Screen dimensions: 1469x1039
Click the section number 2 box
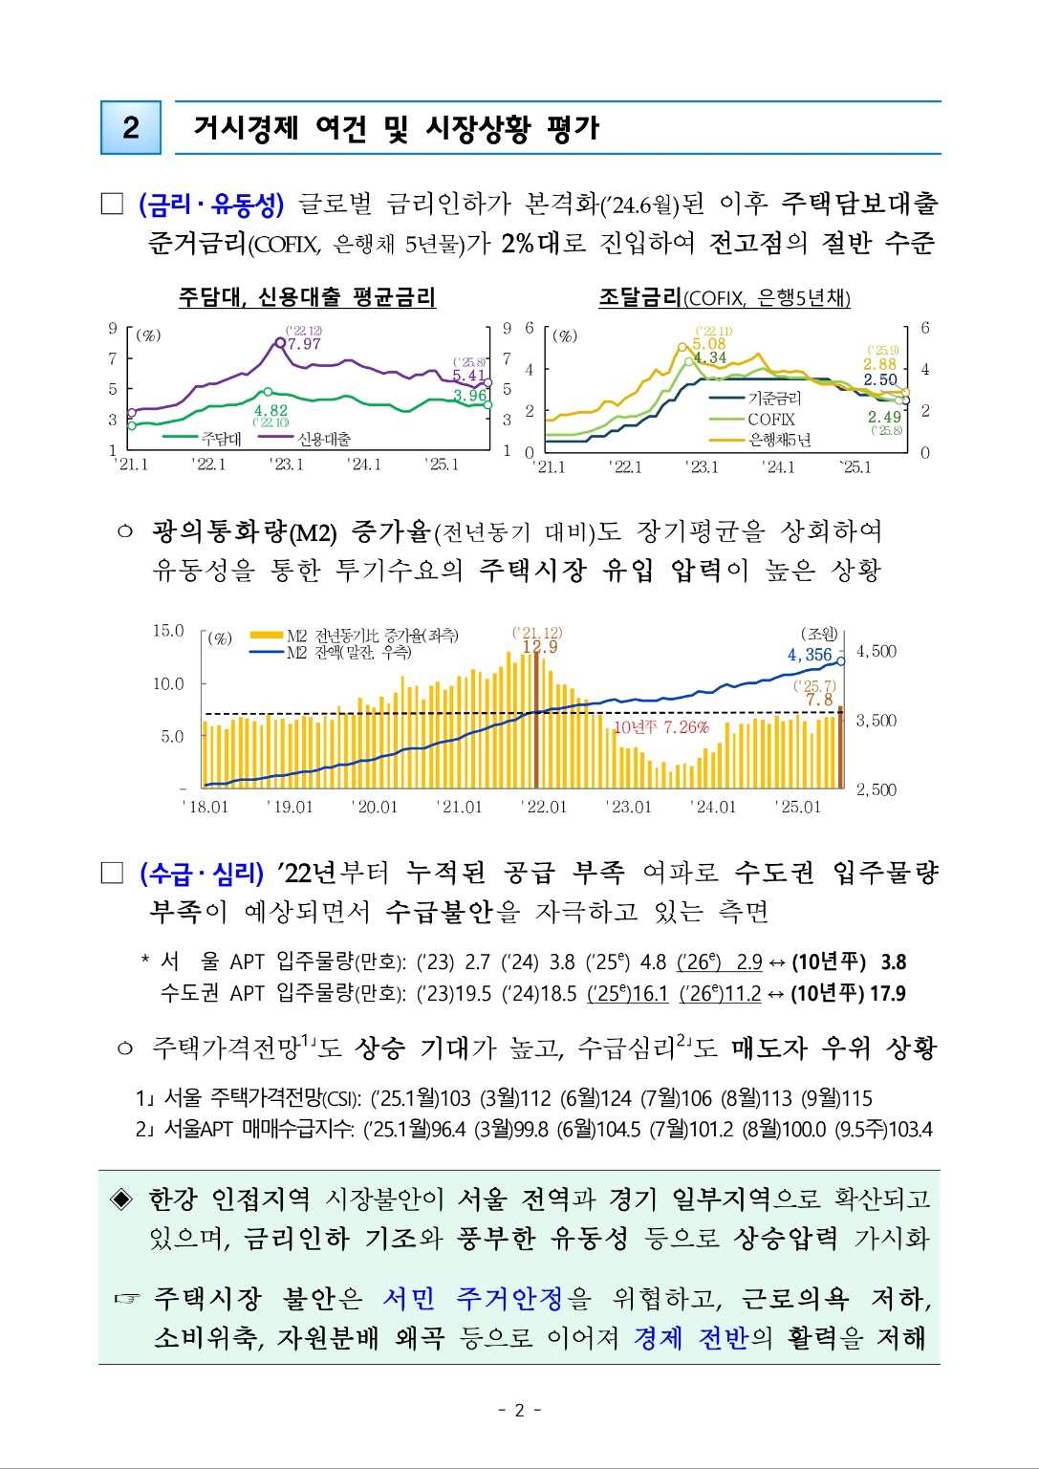(131, 127)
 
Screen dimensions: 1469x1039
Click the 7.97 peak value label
(304, 344)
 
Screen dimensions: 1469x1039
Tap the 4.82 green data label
(271, 410)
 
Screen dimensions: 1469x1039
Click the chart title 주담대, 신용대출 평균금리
(307, 297)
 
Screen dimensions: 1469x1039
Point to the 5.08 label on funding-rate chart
(709, 344)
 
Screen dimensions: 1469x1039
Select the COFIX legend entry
(770, 420)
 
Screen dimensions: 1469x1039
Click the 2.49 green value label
(884, 417)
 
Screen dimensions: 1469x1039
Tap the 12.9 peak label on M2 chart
(539, 647)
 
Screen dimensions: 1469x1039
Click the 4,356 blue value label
(810, 655)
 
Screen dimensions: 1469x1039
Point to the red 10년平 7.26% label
(660, 727)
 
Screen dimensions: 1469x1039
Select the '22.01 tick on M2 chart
(544, 807)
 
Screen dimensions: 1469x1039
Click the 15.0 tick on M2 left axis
(168, 631)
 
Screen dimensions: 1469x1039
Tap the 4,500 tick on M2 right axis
(876, 652)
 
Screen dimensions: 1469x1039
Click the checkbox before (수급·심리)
(113, 873)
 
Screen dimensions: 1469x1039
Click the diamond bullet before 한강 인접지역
(122, 1199)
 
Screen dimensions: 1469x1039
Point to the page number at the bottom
(519, 1410)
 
